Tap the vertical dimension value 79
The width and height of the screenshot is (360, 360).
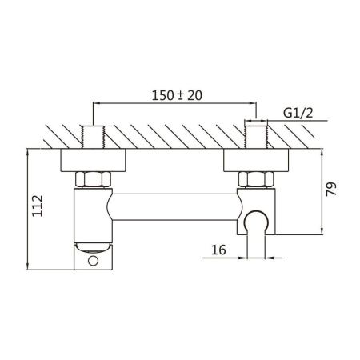(x=332, y=190)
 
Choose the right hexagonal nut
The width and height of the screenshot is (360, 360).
(x=257, y=179)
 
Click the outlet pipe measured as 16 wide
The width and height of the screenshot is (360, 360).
(x=257, y=244)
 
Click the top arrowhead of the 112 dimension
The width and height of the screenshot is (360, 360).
(x=29, y=152)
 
